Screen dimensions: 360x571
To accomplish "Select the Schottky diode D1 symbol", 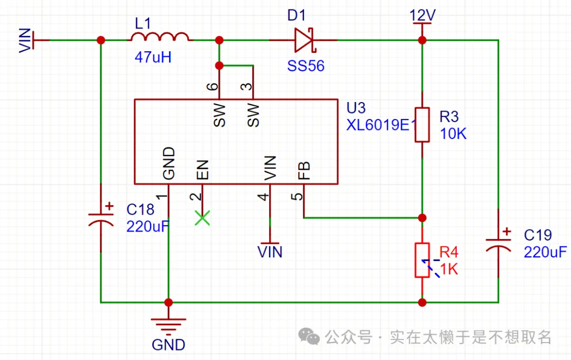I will pos(303,40).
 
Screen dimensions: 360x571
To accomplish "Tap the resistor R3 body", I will pos(422,125).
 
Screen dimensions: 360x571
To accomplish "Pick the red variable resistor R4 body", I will pos(422,260).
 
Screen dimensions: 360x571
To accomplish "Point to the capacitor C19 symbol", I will pos(498,244).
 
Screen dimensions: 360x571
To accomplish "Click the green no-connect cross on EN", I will pos(202,218).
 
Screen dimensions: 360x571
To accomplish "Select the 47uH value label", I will pos(153,58).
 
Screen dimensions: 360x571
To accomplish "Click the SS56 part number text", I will pos(306,66).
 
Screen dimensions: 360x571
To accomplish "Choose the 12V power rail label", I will pos(422,16).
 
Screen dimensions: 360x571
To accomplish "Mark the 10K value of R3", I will pos(453,134).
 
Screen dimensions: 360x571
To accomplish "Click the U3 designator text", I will pos(356,108).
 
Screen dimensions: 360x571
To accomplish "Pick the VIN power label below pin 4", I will pos(270,252).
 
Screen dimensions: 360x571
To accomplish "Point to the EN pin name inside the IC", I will pos(202,170).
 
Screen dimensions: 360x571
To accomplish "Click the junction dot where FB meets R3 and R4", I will pos(422,217).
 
